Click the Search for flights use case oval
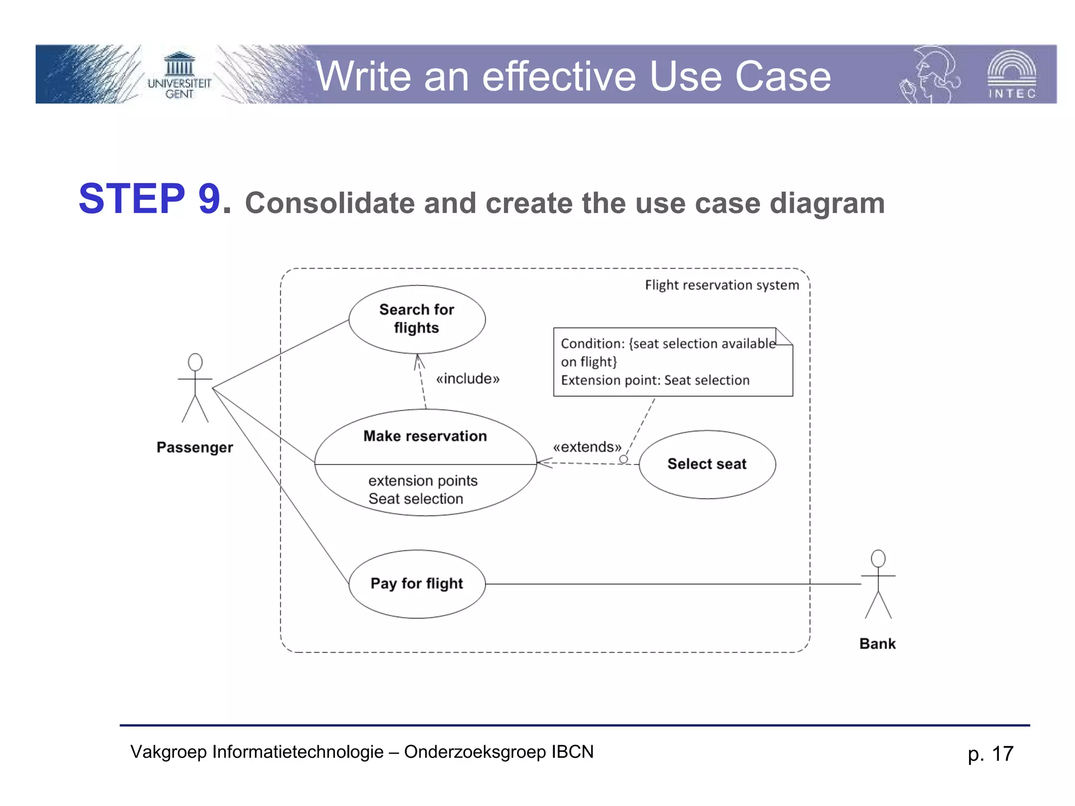(417, 319)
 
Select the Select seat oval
(707, 464)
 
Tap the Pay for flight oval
(417, 584)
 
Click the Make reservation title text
(425, 436)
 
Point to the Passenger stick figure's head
(195, 362)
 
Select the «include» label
(467, 379)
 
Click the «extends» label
(587, 447)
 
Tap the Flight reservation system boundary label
(721, 285)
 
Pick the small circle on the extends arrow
(623, 459)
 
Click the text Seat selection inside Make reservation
(416, 499)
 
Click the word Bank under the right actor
(877, 644)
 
